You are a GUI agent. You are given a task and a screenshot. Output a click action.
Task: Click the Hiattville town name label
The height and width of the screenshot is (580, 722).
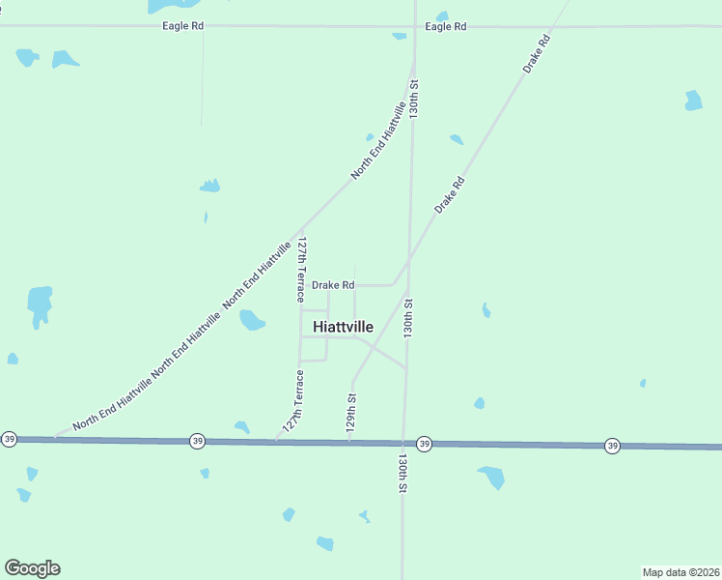pyautogui.click(x=343, y=327)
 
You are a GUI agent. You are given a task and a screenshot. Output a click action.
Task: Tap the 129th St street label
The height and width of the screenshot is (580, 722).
pyautogui.click(x=352, y=411)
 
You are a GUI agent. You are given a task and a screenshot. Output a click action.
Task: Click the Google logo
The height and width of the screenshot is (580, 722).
pyautogui.click(x=32, y=568)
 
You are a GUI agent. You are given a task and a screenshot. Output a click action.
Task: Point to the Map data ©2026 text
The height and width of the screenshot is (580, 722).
pyautogui.click(x=680, y=571)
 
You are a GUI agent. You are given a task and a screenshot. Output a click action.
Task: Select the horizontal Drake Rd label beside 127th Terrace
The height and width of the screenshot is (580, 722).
pyautogui.click(x=333, y=285)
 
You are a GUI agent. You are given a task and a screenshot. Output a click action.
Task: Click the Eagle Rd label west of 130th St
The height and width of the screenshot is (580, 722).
pyautogui.click(x=182, y=27)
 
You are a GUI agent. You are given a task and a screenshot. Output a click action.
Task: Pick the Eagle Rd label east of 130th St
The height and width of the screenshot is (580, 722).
pyautogui.click(x=446, y=27)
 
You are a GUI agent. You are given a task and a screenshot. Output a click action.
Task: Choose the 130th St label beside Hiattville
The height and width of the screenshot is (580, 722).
pyautogui.click(x=408, y=317)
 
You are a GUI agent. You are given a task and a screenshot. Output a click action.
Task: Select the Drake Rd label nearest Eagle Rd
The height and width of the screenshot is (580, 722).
pyautogui.click(x=537, y=54)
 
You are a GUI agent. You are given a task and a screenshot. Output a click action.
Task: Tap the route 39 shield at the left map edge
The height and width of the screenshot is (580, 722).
pyautogui.click(x=9, y=439)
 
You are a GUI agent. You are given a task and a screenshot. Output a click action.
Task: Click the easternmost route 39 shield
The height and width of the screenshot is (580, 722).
pyautogui.click(x=612, y=446)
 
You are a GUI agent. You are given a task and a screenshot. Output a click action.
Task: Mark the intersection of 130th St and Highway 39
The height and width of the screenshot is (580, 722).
pyautogui.click(x=403, y=443)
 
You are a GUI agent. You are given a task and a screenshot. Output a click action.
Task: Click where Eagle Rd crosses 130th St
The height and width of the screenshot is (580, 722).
pyautogui.click(x=415, y=27)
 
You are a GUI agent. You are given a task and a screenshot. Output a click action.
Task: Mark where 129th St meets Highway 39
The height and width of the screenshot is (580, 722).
pyautogui.click(x=349, y=442)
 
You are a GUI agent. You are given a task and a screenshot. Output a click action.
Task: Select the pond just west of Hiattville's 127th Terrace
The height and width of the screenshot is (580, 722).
pyautogui.click(x=251, y=319)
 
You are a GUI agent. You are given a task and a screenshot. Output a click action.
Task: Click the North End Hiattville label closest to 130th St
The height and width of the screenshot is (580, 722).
pyautogui.click(x=377, y=140)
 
